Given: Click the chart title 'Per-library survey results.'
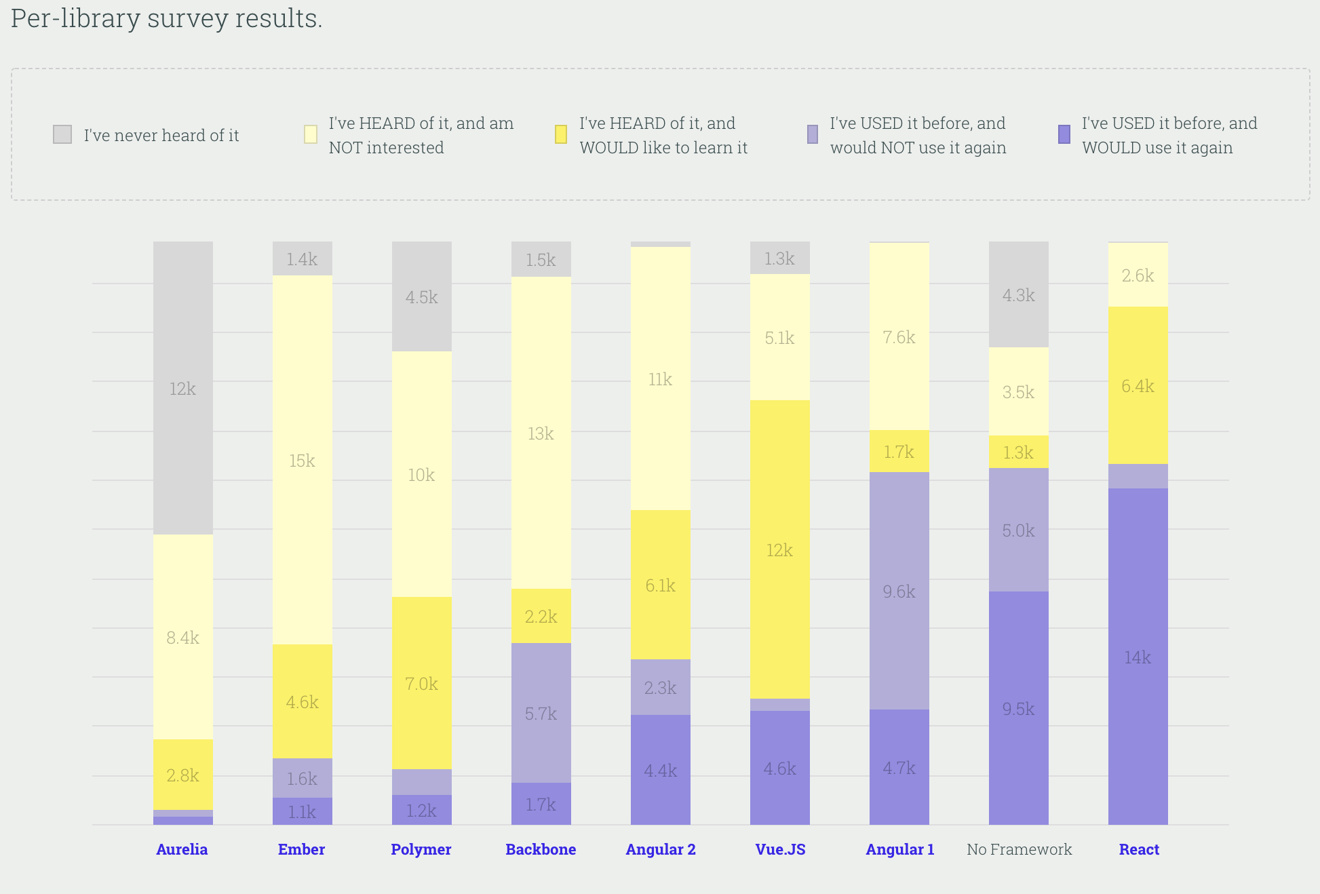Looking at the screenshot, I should pyautogui.click(x=166, y=18).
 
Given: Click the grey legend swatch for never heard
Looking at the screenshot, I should pyautogui.click(x=62, y=134).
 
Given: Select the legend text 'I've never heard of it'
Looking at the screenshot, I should pyautogui.click(x=161, y=136).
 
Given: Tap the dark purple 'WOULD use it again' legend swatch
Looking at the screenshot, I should pyautogui.click(x=1064, y=134).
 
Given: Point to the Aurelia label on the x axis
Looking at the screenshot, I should pyautogui.click(x=182, y=849).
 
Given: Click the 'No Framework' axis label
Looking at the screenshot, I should pyautogui.click(x=1019, y=849).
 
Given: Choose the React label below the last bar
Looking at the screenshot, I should pyautogui.click(x=1139, y=849).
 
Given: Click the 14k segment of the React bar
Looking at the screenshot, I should pyautogui.click(x=1138, y=657).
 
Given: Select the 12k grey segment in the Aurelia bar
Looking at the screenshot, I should pyautogui.click(x=182, y=388).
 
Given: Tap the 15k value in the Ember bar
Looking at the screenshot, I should pyautogui.click(x=302, y=461).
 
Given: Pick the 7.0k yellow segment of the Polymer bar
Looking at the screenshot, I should pyautogui.click(x=421, y=683).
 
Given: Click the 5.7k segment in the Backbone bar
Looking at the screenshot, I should pyautogui.click(x=541, y=713).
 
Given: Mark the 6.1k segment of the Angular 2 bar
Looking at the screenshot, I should pyautogui.click(x=660, y=585).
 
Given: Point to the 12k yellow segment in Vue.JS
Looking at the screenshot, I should pyautogui.click(x=779, y=549).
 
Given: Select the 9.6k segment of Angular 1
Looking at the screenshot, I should pyautogui.click(x=899, y=591).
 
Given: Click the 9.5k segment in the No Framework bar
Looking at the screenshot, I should pyautogui.click(x=1018, y=708).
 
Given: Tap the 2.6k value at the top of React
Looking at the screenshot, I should pyautogui.click(x=1138, y=275).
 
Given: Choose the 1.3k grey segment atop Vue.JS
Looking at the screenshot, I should pyautogui.click(x=779, y=258).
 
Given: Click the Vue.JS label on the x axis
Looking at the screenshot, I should pyautogui.click(x=780, y=849).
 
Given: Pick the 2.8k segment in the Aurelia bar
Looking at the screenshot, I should pyautogui.click(x=182, y=775).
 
